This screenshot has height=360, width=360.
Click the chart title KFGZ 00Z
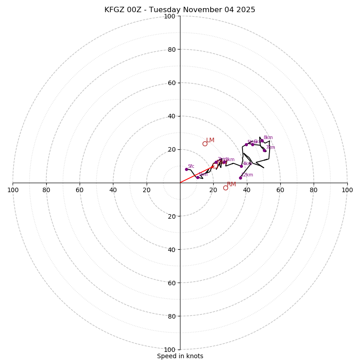pyautogui.click(x=180, y=10)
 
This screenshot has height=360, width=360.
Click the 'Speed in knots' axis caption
pyautogui.click(x=180, y=356)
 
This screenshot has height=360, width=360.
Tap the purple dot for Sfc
pyautogui.click(x=186, y=169)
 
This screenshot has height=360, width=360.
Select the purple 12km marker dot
pyautogui.click(x=240, y=178)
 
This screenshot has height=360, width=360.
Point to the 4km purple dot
pyautogui.click(x=241, y=166)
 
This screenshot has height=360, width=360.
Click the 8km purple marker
pyautogui.click(x=262, y=141)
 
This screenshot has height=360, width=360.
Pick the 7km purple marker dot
pyautogui.click(x=264, y=150)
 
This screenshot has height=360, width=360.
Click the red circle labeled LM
pyautogui.click(x=205, y=144)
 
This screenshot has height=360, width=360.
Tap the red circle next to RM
pyautogui.click(x=225, y=188)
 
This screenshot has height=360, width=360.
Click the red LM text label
pyautogui.click(x=210, y=140)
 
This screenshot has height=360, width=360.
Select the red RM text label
pyautogui.click(x=231, y=184)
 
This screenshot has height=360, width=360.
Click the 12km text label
pyautogui.click(x=247, y=175)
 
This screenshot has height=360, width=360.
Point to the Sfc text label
pyautogui.click(x=191, y=166)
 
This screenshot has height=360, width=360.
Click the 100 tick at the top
pyautogui.click(x=170, y=16)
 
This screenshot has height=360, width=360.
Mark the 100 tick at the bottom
pyautogui.click(x=170, y=349)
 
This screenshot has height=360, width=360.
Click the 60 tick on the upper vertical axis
pyautogui.click(x=171, y=83)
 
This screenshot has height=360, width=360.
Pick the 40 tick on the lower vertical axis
pyautogui.click(x=171, y=249)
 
